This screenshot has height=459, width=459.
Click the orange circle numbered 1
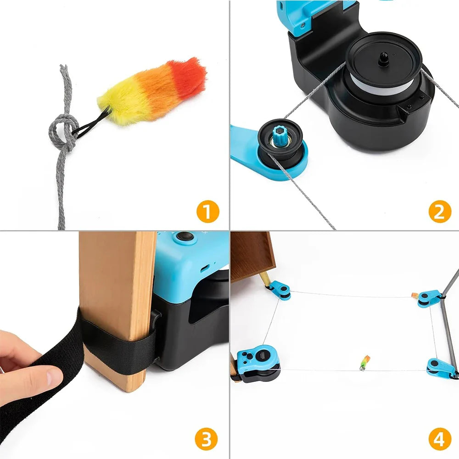[207, 212]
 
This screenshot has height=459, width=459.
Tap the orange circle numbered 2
[439, 212]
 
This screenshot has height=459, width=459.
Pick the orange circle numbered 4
[439, 439]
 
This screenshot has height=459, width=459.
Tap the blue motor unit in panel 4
[257, 363]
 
